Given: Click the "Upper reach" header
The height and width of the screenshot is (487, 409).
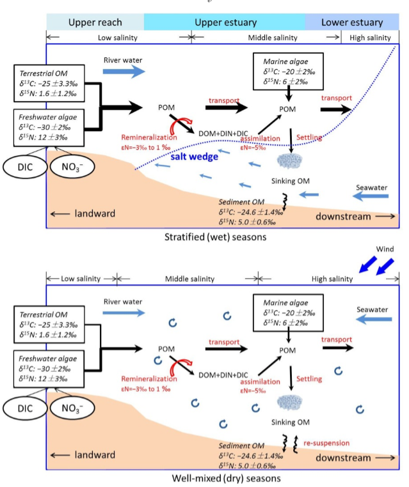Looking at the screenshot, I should [95, 22].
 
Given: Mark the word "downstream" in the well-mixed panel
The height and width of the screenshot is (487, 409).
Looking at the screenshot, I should [342, 458].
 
